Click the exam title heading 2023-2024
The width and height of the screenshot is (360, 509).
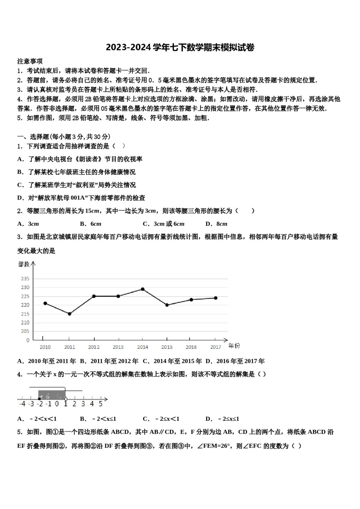(x=180, y=47)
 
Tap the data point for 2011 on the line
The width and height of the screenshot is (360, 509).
(x=69, y=314)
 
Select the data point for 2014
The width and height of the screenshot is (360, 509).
(x=142, y=289)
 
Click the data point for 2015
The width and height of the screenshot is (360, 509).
(x=167, y=305)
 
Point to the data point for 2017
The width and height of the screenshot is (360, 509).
(x=216, y=298)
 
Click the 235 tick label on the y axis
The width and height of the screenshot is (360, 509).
(x=25, y=278)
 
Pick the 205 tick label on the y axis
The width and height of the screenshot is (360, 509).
(x=25, y=331)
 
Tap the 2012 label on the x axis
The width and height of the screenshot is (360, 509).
(x=94, y=347)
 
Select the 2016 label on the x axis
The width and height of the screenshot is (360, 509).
(x=191, y=347)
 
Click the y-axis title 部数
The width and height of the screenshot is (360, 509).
(x=24, y=264)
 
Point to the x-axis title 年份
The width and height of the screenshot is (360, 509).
(x=234, y=345)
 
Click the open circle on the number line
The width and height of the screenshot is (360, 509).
(x=66, y=399)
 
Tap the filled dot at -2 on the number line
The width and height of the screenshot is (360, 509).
(x=39, y=399)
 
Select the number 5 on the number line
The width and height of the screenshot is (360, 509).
(x=100, y=404)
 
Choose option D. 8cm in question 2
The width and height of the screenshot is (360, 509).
(x=216, y=224)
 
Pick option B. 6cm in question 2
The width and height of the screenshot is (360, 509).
(x=91, y=224)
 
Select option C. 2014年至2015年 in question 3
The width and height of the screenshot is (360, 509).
(x=172, y=361)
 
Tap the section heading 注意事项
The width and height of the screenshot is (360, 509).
(x=30, y=61)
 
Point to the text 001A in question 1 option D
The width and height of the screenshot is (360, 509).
(x=79, y=198)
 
